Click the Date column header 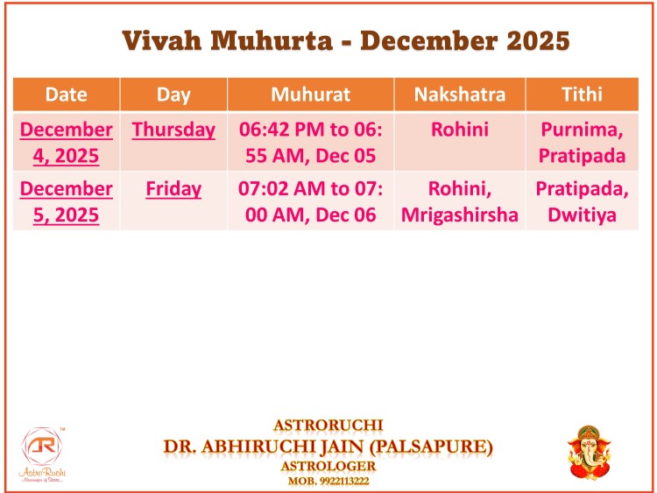(67, 95)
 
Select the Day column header (173, 95)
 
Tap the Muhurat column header (310, 95)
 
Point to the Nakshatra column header (460, 95)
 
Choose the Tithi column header (582, 95)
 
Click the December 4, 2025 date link (67, 143)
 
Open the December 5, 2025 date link (67, 201)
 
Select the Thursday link (173, 130)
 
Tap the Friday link (173, 189)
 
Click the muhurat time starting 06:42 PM (310, 143)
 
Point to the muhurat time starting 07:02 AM (310, 201)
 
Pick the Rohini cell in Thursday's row (460, 130)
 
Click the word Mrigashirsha (460, 215)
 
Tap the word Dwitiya (582, 215)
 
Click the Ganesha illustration (589, 453)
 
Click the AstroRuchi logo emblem (42, 447)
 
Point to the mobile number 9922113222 (344, 481)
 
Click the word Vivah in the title (162, 41)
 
